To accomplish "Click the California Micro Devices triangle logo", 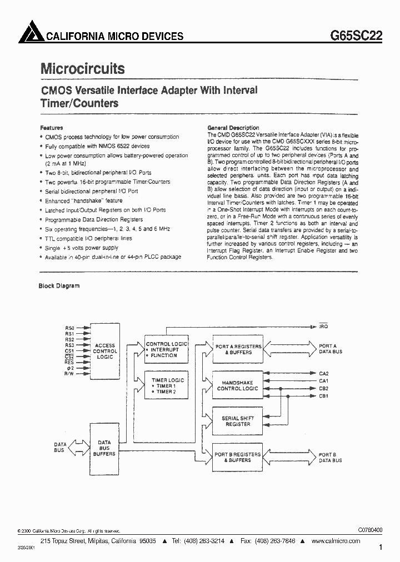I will tap(30, 34).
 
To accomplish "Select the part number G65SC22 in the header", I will tap(356, 35).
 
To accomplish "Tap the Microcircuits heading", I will tap(83, 68).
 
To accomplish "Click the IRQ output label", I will tap(323, 327).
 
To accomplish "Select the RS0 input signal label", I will tap(69, 328).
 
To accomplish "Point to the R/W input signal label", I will tap(69, 374).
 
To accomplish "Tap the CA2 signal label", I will tap(323, 373).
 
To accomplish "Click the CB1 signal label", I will tap(323, 395).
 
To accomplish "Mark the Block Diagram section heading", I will tap(59, 286).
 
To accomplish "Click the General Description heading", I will tap(233, 128).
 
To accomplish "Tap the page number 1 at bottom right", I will tap(381, 548).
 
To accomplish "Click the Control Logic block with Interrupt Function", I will tap(167, 350).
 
